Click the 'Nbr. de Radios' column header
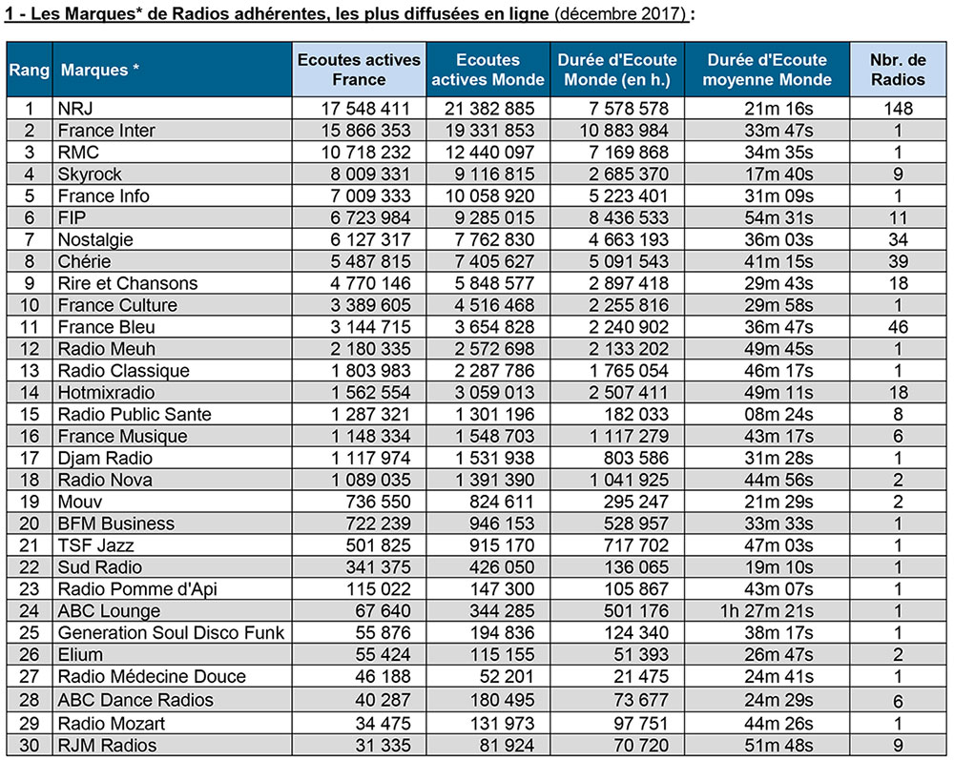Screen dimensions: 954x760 point(898,70)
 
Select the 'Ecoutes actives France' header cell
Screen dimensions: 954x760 point(359,70)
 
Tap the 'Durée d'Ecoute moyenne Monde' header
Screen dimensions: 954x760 point(767,70)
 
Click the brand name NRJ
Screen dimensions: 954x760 point(75,108)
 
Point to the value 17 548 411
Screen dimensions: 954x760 point(365,108)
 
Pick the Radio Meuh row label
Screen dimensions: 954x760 point(107,349)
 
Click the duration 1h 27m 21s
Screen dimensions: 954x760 point(767,611)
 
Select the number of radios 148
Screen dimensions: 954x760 point(898,108)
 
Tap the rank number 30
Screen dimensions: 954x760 point(30,746)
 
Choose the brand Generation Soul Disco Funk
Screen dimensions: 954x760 point(171,633)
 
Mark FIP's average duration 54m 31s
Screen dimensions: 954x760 point(778,217)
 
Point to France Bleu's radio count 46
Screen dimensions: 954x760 point(898,327)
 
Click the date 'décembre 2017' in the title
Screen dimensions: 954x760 point(621,13)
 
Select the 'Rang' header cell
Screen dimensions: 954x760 point(30,70)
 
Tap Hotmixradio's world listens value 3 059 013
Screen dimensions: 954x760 point(494,393)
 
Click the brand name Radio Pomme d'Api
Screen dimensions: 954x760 point(137,589)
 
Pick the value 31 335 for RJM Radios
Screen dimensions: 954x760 point(383,746)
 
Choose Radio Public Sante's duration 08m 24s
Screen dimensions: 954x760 point(778,415)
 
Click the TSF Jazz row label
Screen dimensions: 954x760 point(95,545)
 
